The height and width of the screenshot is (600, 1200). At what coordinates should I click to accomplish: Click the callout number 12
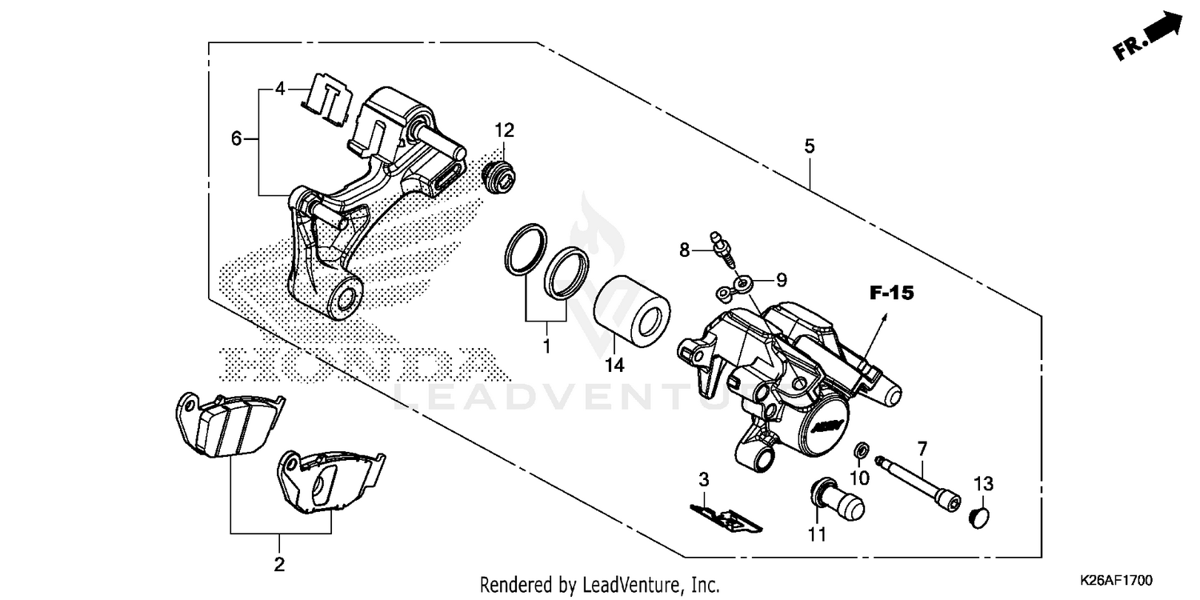coord(504,130)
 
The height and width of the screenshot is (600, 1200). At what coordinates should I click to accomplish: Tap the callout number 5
coord(810,146)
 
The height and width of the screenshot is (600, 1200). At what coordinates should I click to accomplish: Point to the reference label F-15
coord(891,294)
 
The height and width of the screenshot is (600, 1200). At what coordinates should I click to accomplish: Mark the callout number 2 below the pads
coord(279,565)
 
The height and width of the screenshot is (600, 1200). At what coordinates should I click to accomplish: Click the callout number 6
coord(236,138)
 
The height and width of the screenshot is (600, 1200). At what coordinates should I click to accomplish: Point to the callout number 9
coord(782,280)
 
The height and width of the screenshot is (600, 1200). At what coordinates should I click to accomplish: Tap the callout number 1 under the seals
coord(547,347)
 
